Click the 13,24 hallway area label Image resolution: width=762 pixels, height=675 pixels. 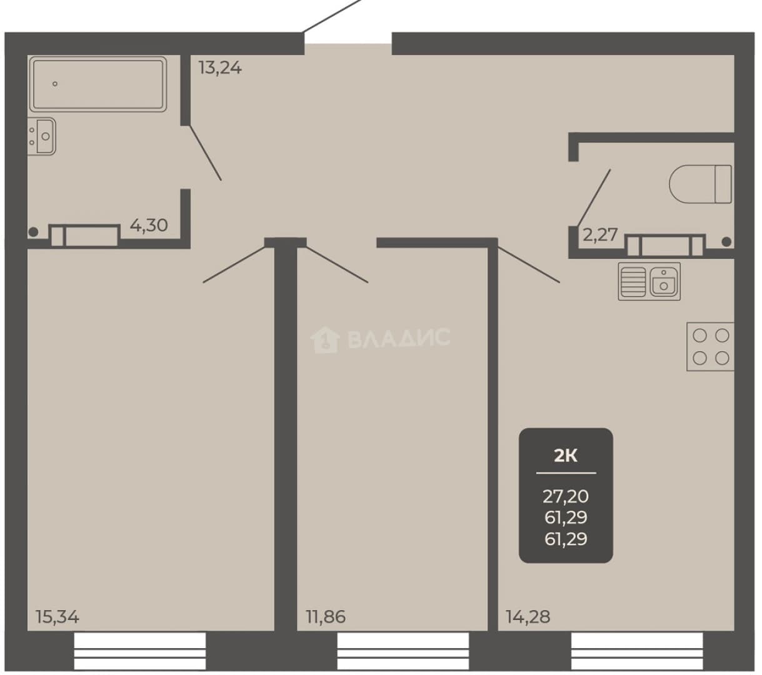pos(220,68)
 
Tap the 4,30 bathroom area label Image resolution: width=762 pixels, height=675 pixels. pos(149,225)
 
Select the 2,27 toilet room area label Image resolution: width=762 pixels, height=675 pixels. pos(600,234)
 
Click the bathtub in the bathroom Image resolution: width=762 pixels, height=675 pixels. pos(98,84)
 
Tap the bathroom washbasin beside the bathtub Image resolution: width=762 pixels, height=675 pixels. pos(42,136)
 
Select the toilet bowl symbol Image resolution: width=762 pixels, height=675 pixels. pos(700,184)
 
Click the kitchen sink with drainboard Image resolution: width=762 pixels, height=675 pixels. pos(649,282)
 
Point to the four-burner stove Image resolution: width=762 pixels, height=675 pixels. pos(711,347)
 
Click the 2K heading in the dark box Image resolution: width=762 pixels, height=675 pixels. pos(566,456)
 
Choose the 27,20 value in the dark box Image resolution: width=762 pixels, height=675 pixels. pos(566,497)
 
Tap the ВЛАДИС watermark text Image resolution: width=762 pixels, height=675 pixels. pos(399,337)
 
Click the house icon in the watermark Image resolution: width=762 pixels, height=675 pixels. pos(324,339)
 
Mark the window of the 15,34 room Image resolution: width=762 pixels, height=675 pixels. pos(140,651)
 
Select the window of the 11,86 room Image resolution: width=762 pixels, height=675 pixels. pos(403,651)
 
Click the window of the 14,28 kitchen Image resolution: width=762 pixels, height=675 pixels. pos(637,651)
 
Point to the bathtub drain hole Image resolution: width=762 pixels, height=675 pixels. pos(55,84)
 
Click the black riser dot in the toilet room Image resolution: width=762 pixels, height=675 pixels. pos(726,242)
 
